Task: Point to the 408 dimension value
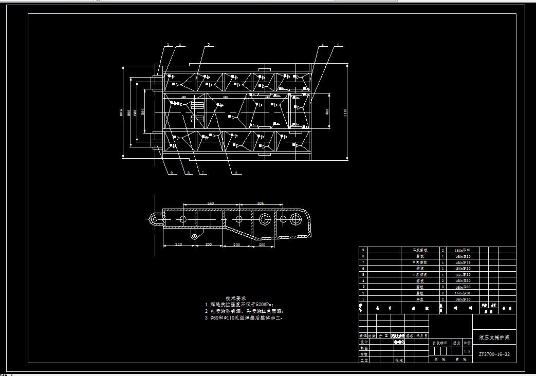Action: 328,111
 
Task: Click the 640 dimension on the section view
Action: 210,203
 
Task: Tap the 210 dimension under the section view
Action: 179,245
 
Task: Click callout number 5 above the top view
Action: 339,46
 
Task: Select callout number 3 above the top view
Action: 209,45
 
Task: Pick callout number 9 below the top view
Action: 171,173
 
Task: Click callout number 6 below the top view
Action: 236,173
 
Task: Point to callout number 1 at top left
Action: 168,45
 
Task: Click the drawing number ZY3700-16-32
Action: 494,354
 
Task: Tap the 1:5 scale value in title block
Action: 467,351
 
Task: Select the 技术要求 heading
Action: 236,298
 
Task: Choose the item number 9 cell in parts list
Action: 363,250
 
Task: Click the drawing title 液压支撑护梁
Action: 494,337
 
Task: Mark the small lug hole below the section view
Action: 195,236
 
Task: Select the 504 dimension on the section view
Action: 260,203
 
